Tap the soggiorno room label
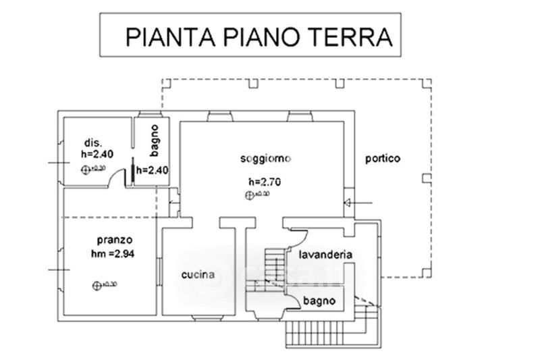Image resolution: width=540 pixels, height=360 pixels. [265, 159]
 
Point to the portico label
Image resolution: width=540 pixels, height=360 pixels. [383, 159]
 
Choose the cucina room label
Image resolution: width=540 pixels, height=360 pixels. [198, 275]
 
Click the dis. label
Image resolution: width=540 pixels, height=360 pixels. [92, 143]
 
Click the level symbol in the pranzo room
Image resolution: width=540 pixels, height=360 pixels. [95, 284]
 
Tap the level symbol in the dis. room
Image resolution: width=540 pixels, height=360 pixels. [84, 169]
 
